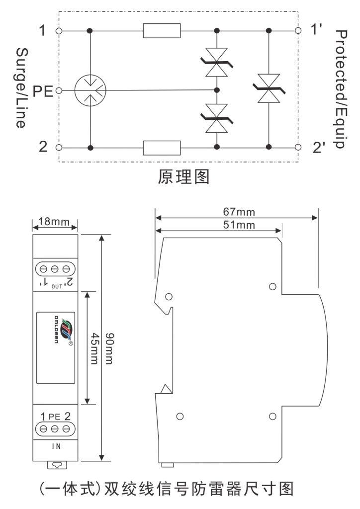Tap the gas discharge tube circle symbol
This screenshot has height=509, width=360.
pos(90,90)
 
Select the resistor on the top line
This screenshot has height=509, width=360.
pos(162,31)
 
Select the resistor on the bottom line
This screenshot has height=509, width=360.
pos(162,148)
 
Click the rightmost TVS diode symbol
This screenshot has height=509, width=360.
pos(269,89)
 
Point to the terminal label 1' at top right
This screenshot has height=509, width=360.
pos(317,29)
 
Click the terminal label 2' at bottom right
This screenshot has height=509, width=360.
pos(318,148)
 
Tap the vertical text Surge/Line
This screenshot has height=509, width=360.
pos(20,88)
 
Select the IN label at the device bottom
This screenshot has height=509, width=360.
pos(56,446)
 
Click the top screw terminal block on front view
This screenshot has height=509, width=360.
pos(55,269)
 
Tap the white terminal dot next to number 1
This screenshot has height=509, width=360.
pos(59,31)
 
